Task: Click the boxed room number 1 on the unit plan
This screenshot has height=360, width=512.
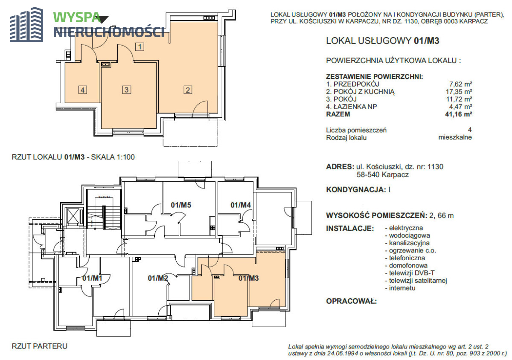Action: (140, 47)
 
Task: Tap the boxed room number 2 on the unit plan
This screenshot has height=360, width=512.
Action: (188, 90)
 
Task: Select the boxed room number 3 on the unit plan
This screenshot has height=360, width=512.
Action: (127, 90)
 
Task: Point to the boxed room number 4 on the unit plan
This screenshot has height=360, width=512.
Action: (82, 90)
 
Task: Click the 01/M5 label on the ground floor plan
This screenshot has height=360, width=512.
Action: (181, 205)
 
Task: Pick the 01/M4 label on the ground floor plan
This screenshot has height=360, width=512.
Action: (241, 205)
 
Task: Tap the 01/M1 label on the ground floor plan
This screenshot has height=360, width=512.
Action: (92, 278)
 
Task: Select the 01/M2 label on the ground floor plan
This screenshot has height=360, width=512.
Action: (158, 278)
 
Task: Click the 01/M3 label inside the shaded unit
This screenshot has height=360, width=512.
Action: (248, 278)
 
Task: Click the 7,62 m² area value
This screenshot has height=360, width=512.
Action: (461, 84)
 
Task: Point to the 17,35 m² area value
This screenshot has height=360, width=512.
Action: (459, 92)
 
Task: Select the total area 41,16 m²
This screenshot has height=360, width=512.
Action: (459, 114)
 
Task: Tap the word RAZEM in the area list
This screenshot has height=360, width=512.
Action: (338, 114)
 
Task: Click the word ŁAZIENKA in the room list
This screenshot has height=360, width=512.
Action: (350, 107)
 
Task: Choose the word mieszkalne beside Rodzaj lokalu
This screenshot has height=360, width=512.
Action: (455, 137)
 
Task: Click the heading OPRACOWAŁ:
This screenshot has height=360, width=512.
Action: (351, 301)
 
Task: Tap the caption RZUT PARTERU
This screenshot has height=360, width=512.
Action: (40, 346)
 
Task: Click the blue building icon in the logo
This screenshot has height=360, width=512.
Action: (26, 25)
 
